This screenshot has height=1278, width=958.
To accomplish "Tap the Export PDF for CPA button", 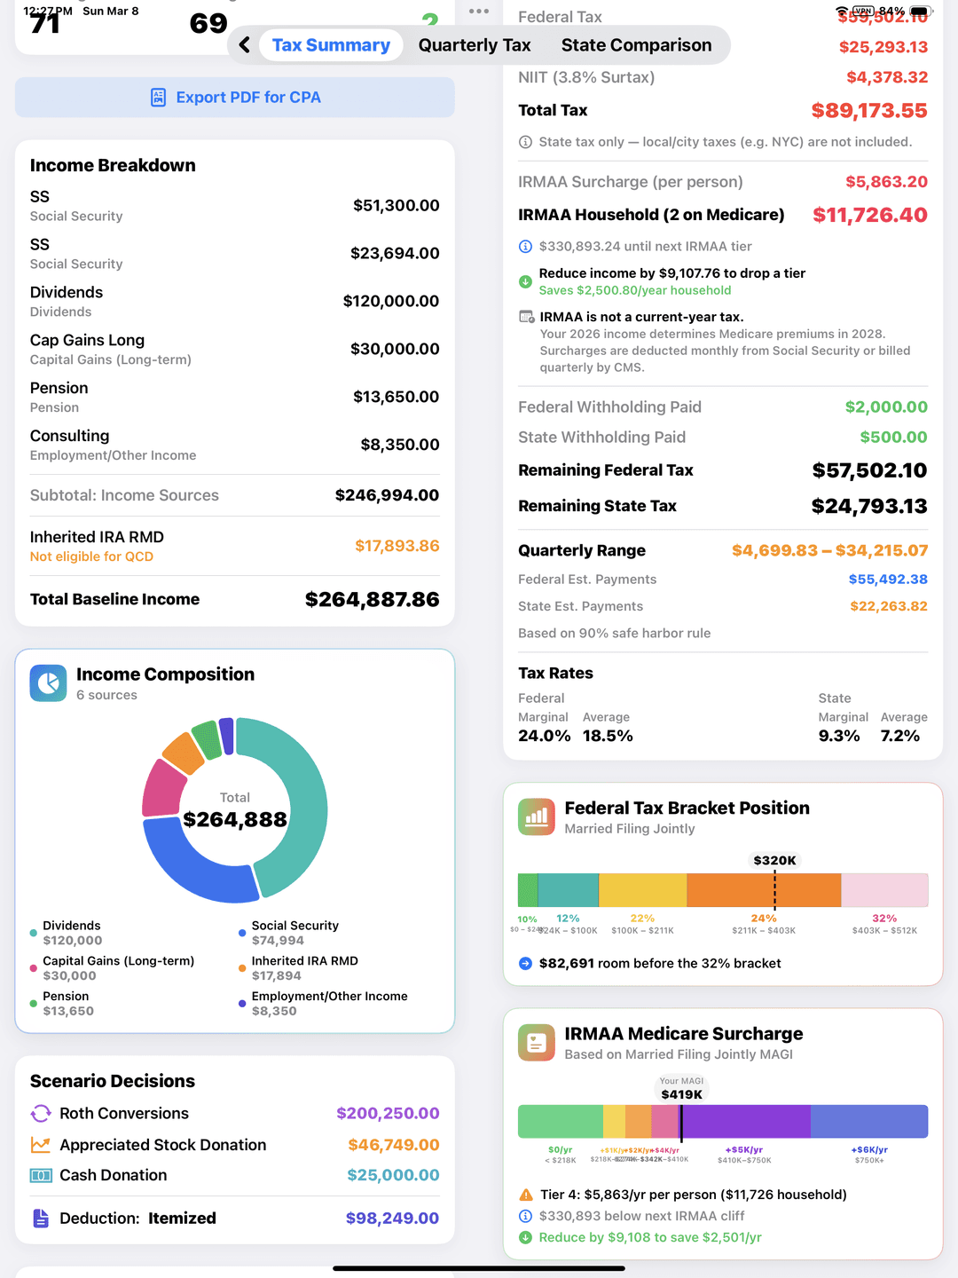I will click(x=235, y=98).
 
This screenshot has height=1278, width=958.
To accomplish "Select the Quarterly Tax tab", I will click(x=474, y=45).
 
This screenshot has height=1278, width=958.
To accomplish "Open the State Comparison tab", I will click(x=636, y=45).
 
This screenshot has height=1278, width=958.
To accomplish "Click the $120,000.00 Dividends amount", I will click(x=390, y=301).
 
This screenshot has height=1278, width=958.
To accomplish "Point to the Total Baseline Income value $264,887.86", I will click(x=372, y=599).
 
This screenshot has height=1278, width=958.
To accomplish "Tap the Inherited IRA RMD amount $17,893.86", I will click(x=397, y=546).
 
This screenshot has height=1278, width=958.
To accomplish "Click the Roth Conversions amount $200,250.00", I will click(x=388, y=1113).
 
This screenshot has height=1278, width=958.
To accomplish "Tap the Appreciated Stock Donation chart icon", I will click(x=41, y=1145).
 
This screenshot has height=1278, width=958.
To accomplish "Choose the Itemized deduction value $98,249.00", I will click(x=392, y=1219).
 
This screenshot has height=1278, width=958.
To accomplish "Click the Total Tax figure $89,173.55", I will click(x=868, y=111).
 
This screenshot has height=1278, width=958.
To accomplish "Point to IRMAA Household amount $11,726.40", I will click(x=869, y=215).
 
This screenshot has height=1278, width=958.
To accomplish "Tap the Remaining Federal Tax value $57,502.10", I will click(x=869, y=470).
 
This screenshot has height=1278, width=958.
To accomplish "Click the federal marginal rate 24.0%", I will click(x=544, y=736).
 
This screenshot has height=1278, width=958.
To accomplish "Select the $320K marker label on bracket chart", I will click(x=774, y=860).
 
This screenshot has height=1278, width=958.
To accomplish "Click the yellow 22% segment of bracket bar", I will click(x=642, y=890).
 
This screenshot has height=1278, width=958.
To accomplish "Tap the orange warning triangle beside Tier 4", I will click(x=526, y=1195).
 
